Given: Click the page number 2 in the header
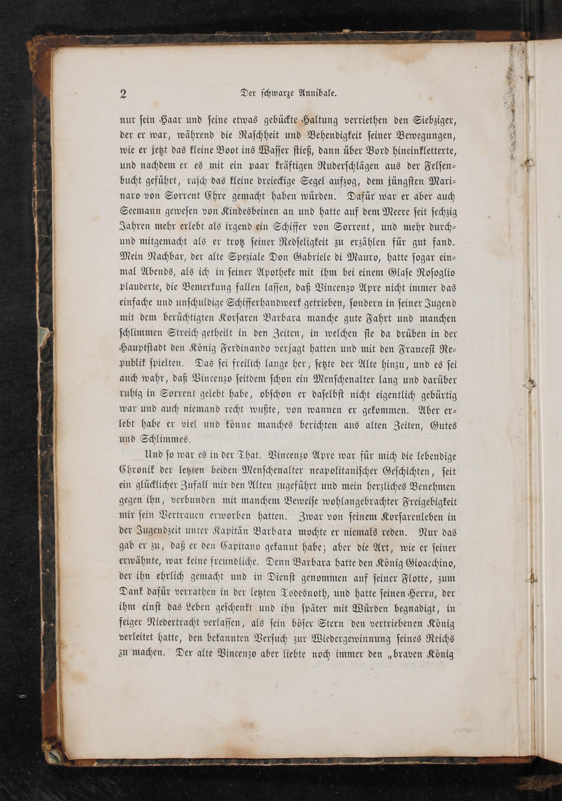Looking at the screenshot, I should (123, 94).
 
